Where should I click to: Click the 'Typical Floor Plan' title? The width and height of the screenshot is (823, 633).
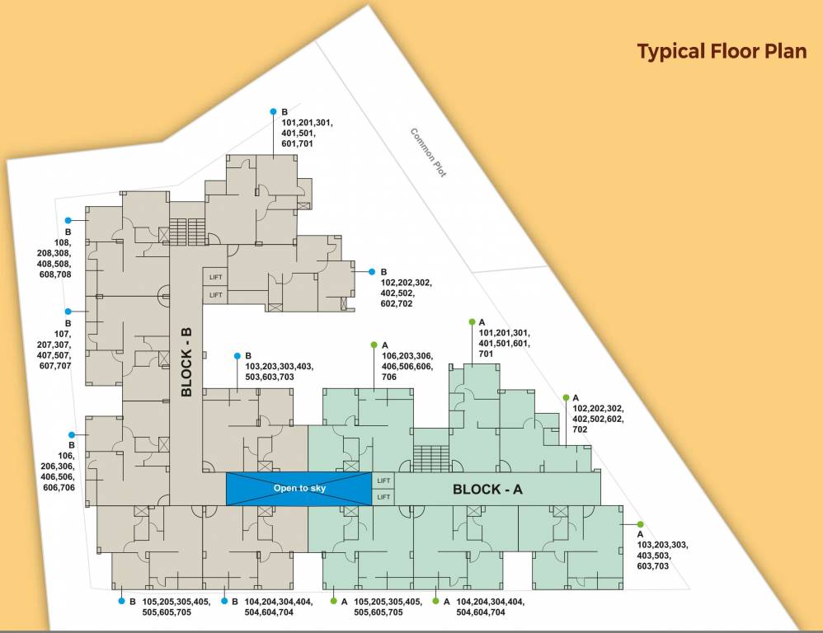[x=722, y=51]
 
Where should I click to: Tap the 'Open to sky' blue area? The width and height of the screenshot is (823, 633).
[x=299, y=489]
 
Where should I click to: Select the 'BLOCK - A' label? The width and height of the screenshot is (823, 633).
[x=487, y=489]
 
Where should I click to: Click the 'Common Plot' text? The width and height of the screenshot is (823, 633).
[x=428, y=152]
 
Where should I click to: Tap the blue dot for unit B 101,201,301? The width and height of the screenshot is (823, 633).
[x=273, y=111]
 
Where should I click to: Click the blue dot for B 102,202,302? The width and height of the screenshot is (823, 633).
[x=372, y=271]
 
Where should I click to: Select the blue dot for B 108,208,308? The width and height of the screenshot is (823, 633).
[x=68, y=220]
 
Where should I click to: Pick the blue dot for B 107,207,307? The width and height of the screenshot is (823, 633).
[x=68, y=311]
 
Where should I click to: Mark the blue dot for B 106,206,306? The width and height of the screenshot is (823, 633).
[x=73, y=434]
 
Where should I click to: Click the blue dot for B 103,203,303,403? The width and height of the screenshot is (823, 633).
[x=237, y=355]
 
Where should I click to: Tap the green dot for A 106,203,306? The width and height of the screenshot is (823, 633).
[x=374, y=345]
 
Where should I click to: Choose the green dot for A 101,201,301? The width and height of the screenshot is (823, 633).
[x=472, y=321]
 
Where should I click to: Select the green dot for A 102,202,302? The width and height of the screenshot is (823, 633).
[x=566, y=397]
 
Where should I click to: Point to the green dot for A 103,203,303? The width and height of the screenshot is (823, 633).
[x=640, y=524]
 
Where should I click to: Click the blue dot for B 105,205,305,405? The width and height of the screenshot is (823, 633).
[x=120, y=601]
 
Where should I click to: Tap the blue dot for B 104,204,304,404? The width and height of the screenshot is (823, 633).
[x=224, y=601]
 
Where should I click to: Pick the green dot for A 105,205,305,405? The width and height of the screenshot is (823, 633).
[x=334, y=601]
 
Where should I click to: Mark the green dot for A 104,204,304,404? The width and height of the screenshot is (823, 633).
[x=435, y=601]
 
